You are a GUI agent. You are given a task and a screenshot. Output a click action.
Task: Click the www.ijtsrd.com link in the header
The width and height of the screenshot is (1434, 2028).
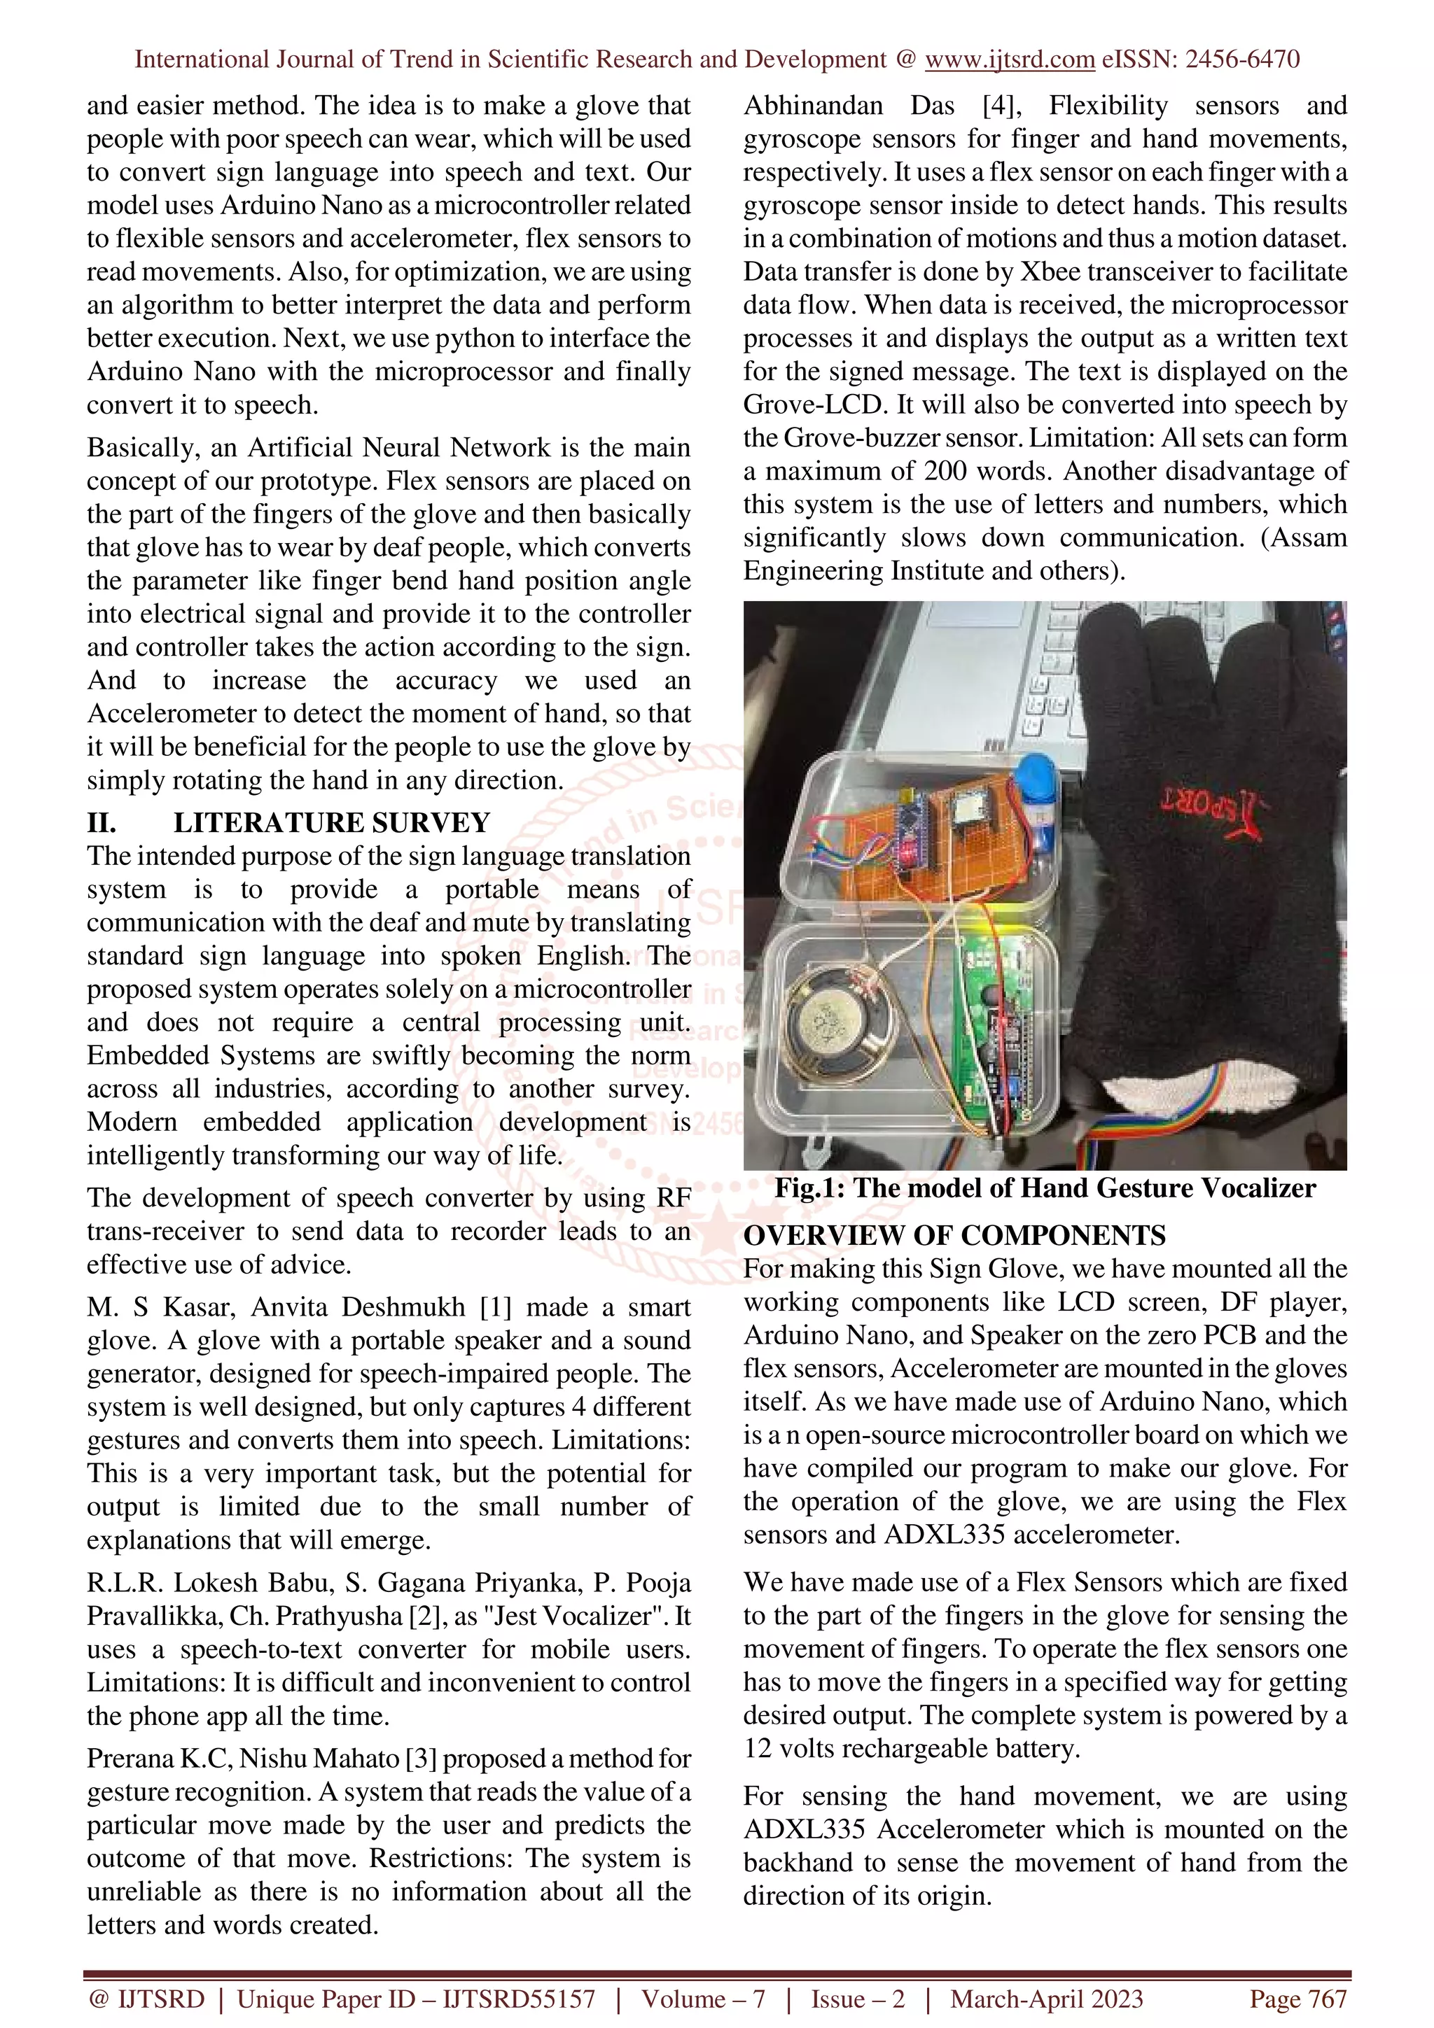(x=1009, y=59)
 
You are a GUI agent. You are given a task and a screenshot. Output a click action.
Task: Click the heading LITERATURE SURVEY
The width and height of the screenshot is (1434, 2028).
(x=331, y=822)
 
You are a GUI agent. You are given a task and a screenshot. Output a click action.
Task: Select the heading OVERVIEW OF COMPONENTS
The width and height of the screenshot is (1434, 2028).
(x=954, y=1235)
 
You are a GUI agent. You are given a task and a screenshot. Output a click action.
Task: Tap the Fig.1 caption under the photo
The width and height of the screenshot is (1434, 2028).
(x=1045, y=1188)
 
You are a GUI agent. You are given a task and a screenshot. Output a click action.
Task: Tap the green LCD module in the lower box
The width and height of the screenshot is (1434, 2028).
(x=994, y=1034)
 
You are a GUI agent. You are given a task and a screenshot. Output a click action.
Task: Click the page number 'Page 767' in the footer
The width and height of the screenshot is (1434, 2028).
(x=1297, y=1999)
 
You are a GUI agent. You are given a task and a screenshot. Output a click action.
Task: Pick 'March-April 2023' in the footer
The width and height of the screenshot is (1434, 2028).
(x=1046, y=1999)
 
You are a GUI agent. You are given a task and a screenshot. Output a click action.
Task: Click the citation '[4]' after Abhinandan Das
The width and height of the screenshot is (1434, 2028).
(x=1001, y=106)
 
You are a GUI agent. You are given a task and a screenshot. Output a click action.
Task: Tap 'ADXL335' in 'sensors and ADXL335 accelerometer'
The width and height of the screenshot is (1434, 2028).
(x=944, y=1534)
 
